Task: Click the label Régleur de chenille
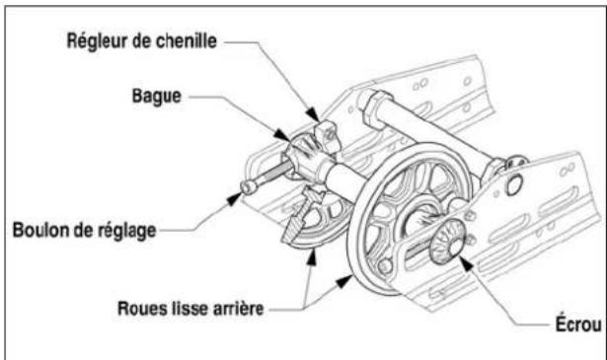(x=142, y=41)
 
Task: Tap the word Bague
(x=157, y=96)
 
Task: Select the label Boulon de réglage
(x=85, y=231)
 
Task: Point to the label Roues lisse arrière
(x=190, y=309)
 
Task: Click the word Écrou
(x=578, y=324)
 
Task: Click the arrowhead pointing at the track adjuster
(x=313, y=114)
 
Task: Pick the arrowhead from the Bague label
(x=282, y=135)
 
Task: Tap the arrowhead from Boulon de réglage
(x=234, y=199)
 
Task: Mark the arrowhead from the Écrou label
(x=466, y=263)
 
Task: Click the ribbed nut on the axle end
(x=447, y=242)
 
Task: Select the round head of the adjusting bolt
(x=249, y=187)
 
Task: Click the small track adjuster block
(x=328, y=136)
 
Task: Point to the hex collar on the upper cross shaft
(x=372, y=108)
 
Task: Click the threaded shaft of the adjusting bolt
(x=272, y=173)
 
